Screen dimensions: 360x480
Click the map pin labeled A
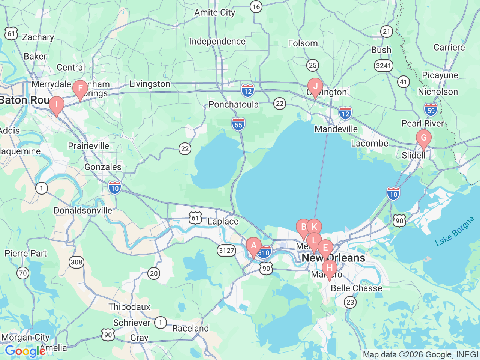pos(254,246)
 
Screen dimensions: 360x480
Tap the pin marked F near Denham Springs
pos(80,89)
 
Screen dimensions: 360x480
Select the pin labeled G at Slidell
pos(424,138)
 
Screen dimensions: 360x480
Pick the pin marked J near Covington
pos(315,86)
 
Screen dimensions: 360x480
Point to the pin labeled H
pos(330,268)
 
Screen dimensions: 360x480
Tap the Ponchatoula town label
pos(234,104)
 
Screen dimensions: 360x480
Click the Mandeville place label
pos(336,129)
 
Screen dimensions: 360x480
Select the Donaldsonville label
pos(83,211)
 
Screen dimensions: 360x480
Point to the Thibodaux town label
pos(129,307)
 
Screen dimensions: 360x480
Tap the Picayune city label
pos(440,75)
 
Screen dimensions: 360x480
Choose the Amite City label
pos(214,13)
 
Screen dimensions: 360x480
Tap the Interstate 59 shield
pos(431,110)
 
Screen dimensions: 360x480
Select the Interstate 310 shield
pos(264,252)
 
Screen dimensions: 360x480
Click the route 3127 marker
pos(226,250)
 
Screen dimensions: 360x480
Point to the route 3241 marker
pos(383,66)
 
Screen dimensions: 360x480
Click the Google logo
pos(25,351)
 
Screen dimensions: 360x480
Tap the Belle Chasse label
pos(356,288)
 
